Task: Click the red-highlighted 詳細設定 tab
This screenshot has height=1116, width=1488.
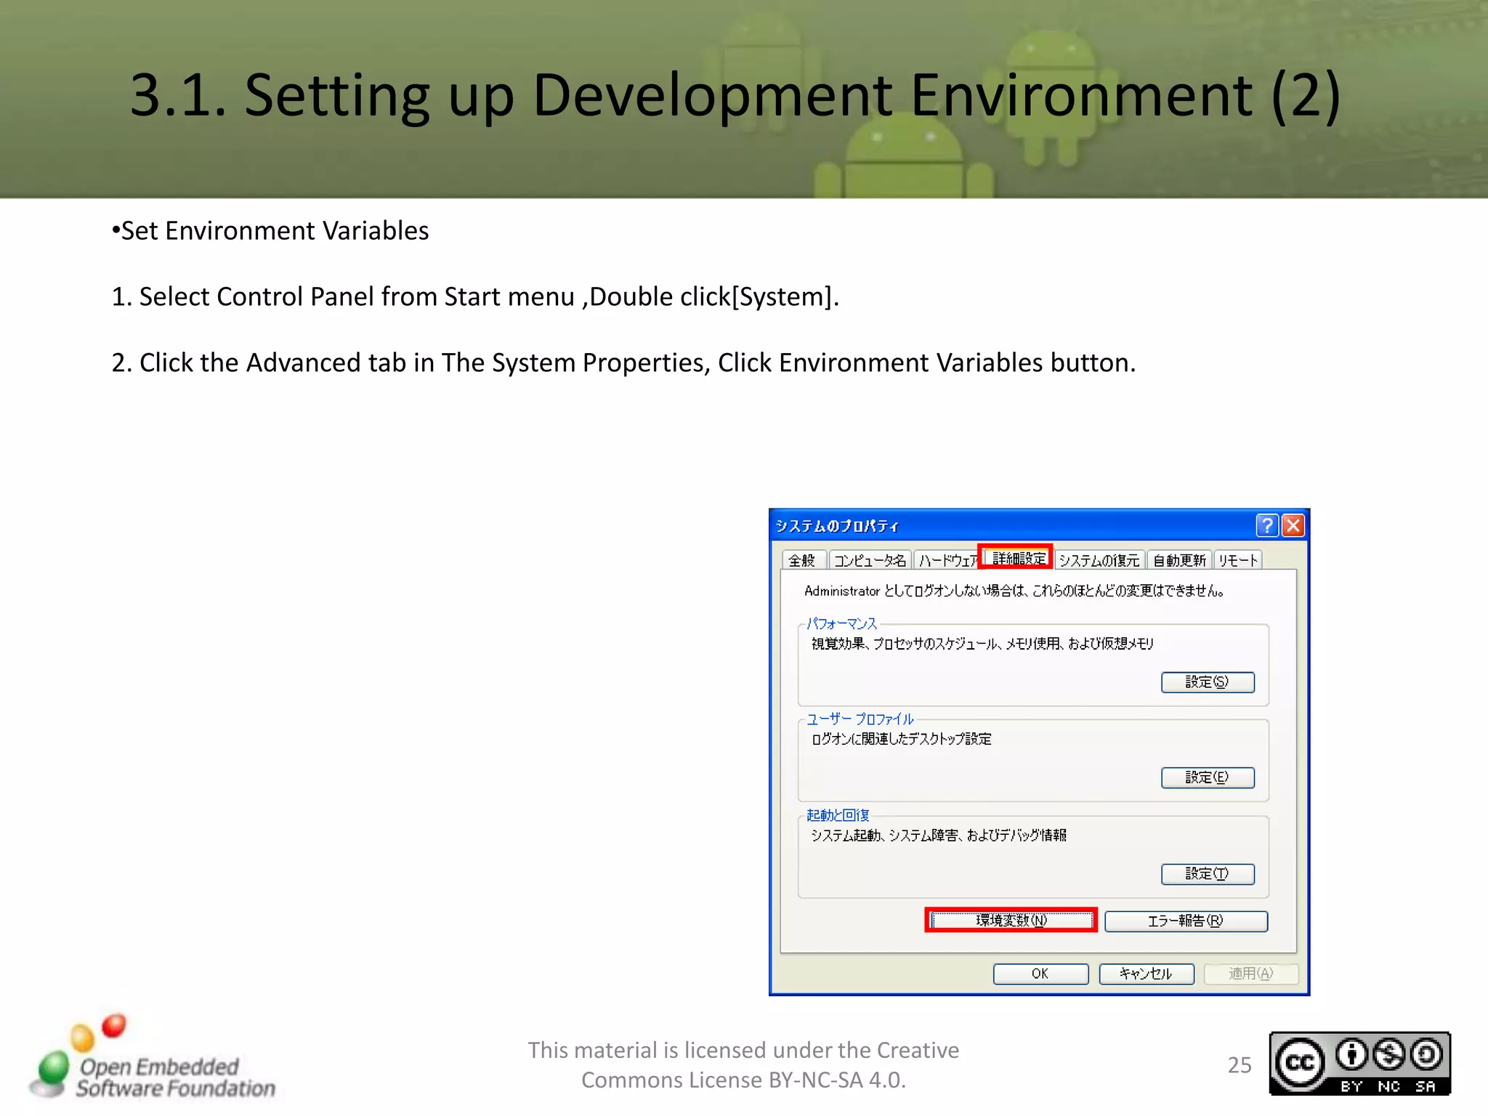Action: click(1016, 558)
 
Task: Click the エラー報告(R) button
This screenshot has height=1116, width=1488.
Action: click(1186, 921)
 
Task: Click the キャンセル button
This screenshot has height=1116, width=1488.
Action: click(1146, 974)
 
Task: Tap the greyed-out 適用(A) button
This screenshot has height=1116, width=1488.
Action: click(1250, 974)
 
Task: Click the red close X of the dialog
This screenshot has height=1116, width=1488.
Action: click(1293, 525)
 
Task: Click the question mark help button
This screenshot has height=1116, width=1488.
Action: click(1266, 525)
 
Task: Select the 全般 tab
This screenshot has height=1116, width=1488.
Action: click(802, 560)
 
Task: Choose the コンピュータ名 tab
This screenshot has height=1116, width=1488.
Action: click(870, 560)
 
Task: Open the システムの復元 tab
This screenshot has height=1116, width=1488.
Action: click(1099, 560)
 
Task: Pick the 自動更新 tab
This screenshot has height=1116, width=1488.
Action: click(1179, 560)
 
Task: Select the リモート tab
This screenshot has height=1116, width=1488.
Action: click(1238, 560)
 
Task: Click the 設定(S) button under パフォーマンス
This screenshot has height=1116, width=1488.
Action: click(1208, 682)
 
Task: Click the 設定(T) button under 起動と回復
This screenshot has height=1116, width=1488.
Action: click(1208, 874)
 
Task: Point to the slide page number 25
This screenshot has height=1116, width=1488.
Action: click(1240, 1065)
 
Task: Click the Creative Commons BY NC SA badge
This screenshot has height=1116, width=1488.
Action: click(1359, 1064)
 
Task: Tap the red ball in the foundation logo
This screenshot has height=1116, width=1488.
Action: click(114, 1025)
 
